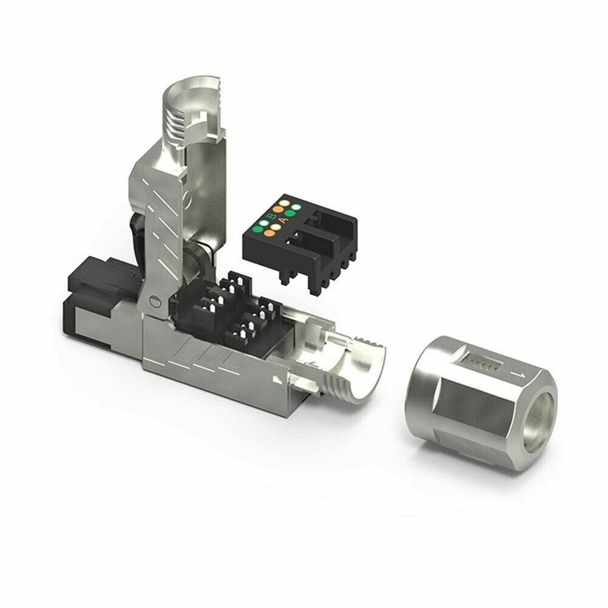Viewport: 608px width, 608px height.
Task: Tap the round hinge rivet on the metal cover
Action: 154,300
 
